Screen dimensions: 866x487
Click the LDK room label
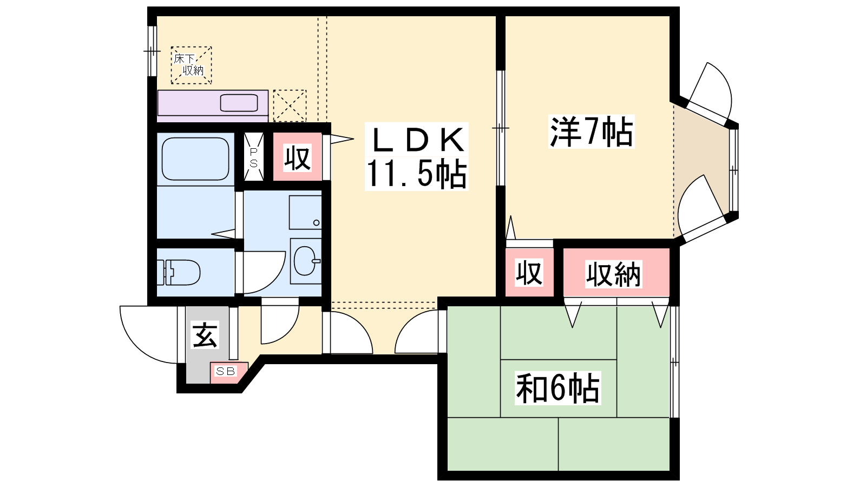[x=417, y=139]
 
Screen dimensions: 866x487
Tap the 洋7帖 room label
[x=591, y=131]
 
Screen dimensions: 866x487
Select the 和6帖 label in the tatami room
[x=557, y=387]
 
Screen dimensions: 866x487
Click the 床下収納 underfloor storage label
[x=189, y=64]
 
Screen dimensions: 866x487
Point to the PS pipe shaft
[x=254, y=157]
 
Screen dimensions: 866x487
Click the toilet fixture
[x=178, y=273]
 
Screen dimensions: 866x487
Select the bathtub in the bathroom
[x=195, y=159]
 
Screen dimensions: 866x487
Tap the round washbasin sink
[x=306, y=261]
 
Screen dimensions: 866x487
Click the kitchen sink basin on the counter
[x=239, y=103]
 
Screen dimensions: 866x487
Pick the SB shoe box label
[x=225, y=371]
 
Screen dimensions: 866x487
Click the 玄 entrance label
[x=205, y=335]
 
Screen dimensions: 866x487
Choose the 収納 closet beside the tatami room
[x=616, y=273]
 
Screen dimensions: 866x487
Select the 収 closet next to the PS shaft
[x=297, y=157]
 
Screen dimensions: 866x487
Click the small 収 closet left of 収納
[x=529, y=273]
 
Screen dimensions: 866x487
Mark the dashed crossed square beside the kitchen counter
[x=290, y=106]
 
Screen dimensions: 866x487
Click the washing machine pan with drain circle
[x=305, y=212]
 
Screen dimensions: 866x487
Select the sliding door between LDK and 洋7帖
[x=501, y=128]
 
